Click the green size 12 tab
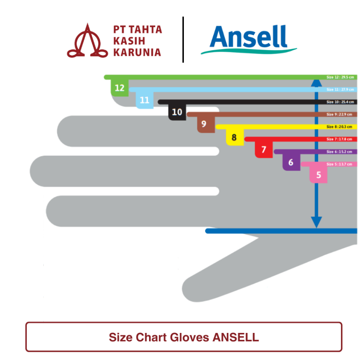tap(120, 88)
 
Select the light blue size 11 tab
tap(144, 100)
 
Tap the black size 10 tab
tap(177, 112)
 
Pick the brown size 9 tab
tap(204, 125)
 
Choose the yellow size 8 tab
tap(234, 137)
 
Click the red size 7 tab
tap(264, 150)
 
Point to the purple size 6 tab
tap(291, 163)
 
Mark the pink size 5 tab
tap(319, 175)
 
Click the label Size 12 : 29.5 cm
tap(340, 77)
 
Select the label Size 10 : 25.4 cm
tap(340, 102)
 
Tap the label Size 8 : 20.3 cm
tap(340, 127)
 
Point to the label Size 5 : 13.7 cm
tap(340, 164)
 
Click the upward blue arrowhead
tap(317, 83)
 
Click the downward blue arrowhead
tap(317, 222)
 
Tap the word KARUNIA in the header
tap(137, 52)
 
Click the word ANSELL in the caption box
tap(236, 337)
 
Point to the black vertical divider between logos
tap(183, 39)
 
